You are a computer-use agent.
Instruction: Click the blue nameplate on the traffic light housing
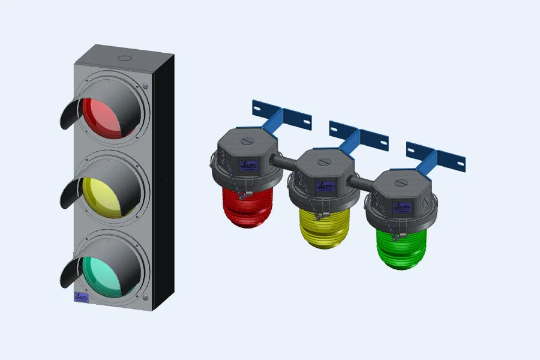tap(80, 296)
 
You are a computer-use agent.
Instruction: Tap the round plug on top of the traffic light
tap(124, 58)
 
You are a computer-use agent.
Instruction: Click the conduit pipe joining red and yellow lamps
tap(285, 161)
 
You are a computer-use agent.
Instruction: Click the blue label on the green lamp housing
tap(400, 208)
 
